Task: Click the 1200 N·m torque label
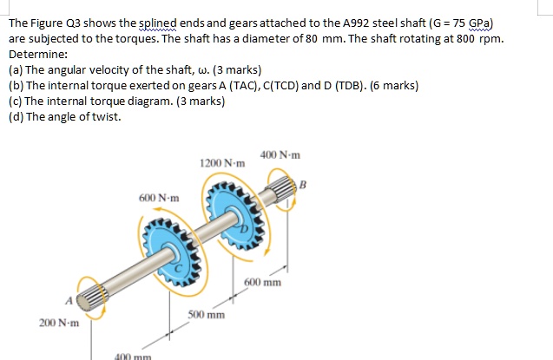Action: click(222, 163)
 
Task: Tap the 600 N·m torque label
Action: click(159, 198)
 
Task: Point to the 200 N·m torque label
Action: click(58, 323)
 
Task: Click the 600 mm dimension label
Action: click(262, 283)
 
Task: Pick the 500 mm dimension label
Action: click(206, 314)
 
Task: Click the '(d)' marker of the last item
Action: click(16, 117)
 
